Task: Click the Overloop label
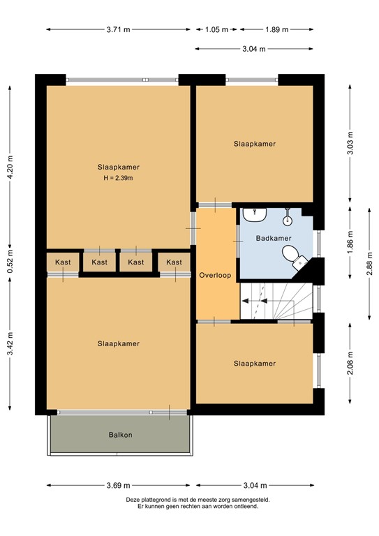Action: [x=215, y=275]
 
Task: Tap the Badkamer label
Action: [x=273, y=238]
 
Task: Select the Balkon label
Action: [x=120, y=435]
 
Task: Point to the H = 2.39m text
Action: [x=118, y=179]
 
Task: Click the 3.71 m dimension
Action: [x=118, y=29]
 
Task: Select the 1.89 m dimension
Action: [x=277, y=29]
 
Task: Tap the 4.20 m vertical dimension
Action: [x=10, y=167]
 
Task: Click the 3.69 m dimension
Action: [x=118, y=486]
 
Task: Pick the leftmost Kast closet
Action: [x=63, y=262]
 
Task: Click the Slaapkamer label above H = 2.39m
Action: [x=118, y=167]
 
